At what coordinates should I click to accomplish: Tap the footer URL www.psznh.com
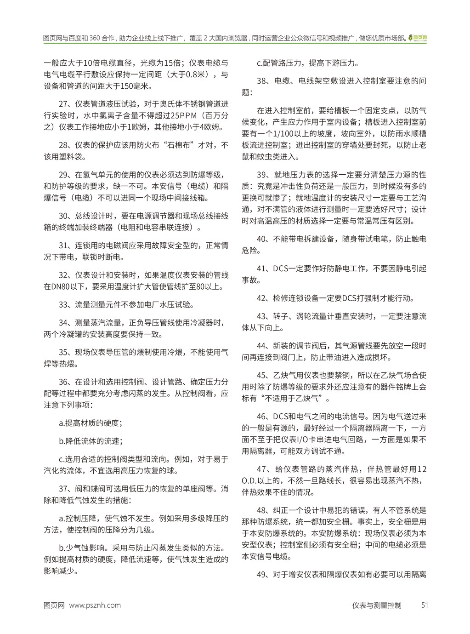tap(95, 605)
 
